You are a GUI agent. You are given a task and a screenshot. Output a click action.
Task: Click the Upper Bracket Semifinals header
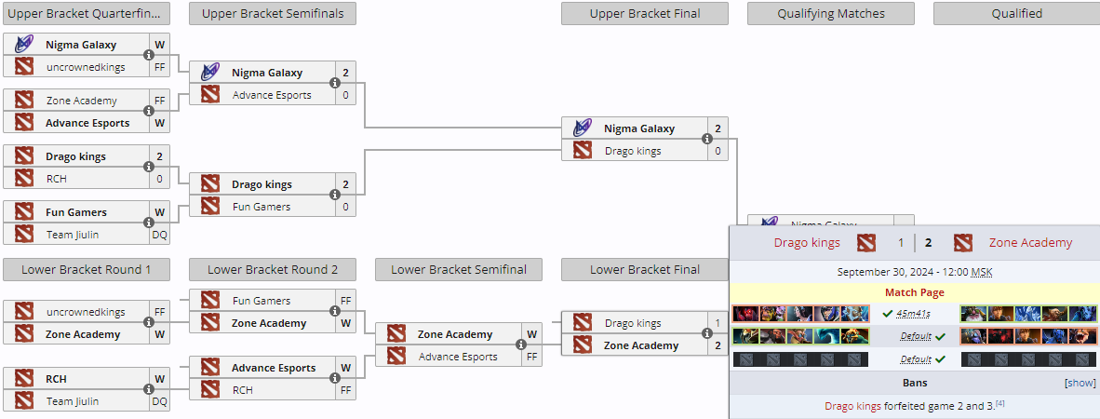pyautogui.click(x=272, y=13)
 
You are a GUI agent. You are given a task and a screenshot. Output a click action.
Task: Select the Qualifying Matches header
pyautogui.click(x=831, y=13)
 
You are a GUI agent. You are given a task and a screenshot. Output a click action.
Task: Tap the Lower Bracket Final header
pyautogui.click(x=644, y=270)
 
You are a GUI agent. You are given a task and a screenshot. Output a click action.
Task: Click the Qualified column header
pyautogui.click(x=1016, y=13)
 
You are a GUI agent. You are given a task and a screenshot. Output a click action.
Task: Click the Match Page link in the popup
pyautogui.click(x=914, y=292)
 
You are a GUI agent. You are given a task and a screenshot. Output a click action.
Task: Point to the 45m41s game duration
pyautogui.click(x=914, y=314)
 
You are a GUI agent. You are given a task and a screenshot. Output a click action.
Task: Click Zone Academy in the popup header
pyautogui.click(x=1030, y=243)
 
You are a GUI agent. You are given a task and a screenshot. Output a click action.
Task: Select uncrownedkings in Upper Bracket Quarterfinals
pyautogui.click(x=86, y=67)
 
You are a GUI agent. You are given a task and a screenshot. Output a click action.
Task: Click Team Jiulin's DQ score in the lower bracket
pyautogui.click(x=160, y=402)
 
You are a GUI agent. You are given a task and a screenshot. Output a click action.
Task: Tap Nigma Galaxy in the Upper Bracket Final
pyautogui.click(x=639, y=128)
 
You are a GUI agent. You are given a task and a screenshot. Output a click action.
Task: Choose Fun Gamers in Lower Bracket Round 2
pyautogui.click(x=262, y=301)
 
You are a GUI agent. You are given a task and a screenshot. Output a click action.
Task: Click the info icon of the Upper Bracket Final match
pyautogui.click(x=706, y=140)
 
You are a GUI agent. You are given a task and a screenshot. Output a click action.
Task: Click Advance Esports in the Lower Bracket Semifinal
pyautogui.click(x=458, y=357)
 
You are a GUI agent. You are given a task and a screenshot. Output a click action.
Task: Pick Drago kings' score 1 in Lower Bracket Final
pyautogui.click(x=718, y=323)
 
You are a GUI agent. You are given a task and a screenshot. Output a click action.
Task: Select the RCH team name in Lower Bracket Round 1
pyautogui.click(x=56, y=380)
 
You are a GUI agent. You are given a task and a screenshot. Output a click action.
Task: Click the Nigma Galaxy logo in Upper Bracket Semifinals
pyautogui.click(x=211, y=73)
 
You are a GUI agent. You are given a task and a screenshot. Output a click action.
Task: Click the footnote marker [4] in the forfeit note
pyautogui.click(x=999, y=403)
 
